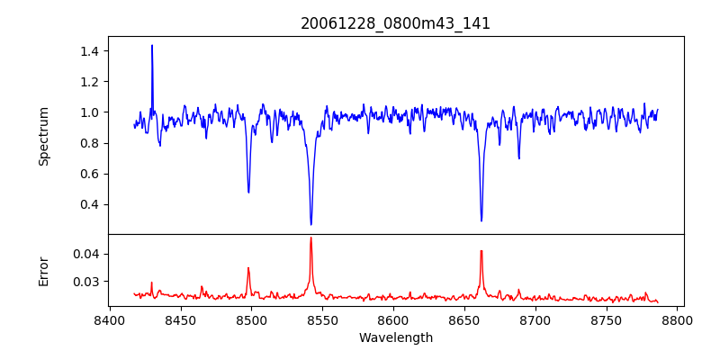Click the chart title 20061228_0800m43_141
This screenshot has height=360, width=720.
coord(395,23)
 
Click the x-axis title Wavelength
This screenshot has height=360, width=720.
coord(395,338)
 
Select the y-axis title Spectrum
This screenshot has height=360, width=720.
coord(43,135)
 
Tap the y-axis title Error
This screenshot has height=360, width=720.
coord(43,270)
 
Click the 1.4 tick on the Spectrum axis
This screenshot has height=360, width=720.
coord(87,51)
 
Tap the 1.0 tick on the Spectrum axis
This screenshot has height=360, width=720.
coord(87,112)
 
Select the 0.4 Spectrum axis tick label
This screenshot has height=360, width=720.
coord(87,204)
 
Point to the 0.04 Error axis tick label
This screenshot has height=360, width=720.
coord(84,254)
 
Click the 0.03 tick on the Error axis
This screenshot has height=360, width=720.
coord(84,282)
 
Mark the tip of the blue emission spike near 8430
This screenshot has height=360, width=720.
coord(152,45)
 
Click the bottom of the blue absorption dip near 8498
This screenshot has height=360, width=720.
coord(248,193)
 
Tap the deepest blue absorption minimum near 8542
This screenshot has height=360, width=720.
coord(311,225)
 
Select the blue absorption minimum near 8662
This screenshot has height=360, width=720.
coord(481,221)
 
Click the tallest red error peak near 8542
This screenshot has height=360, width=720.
coord(311,238)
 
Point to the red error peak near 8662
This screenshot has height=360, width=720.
coord(481,251)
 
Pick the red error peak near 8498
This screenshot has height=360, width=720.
coord(248,268)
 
